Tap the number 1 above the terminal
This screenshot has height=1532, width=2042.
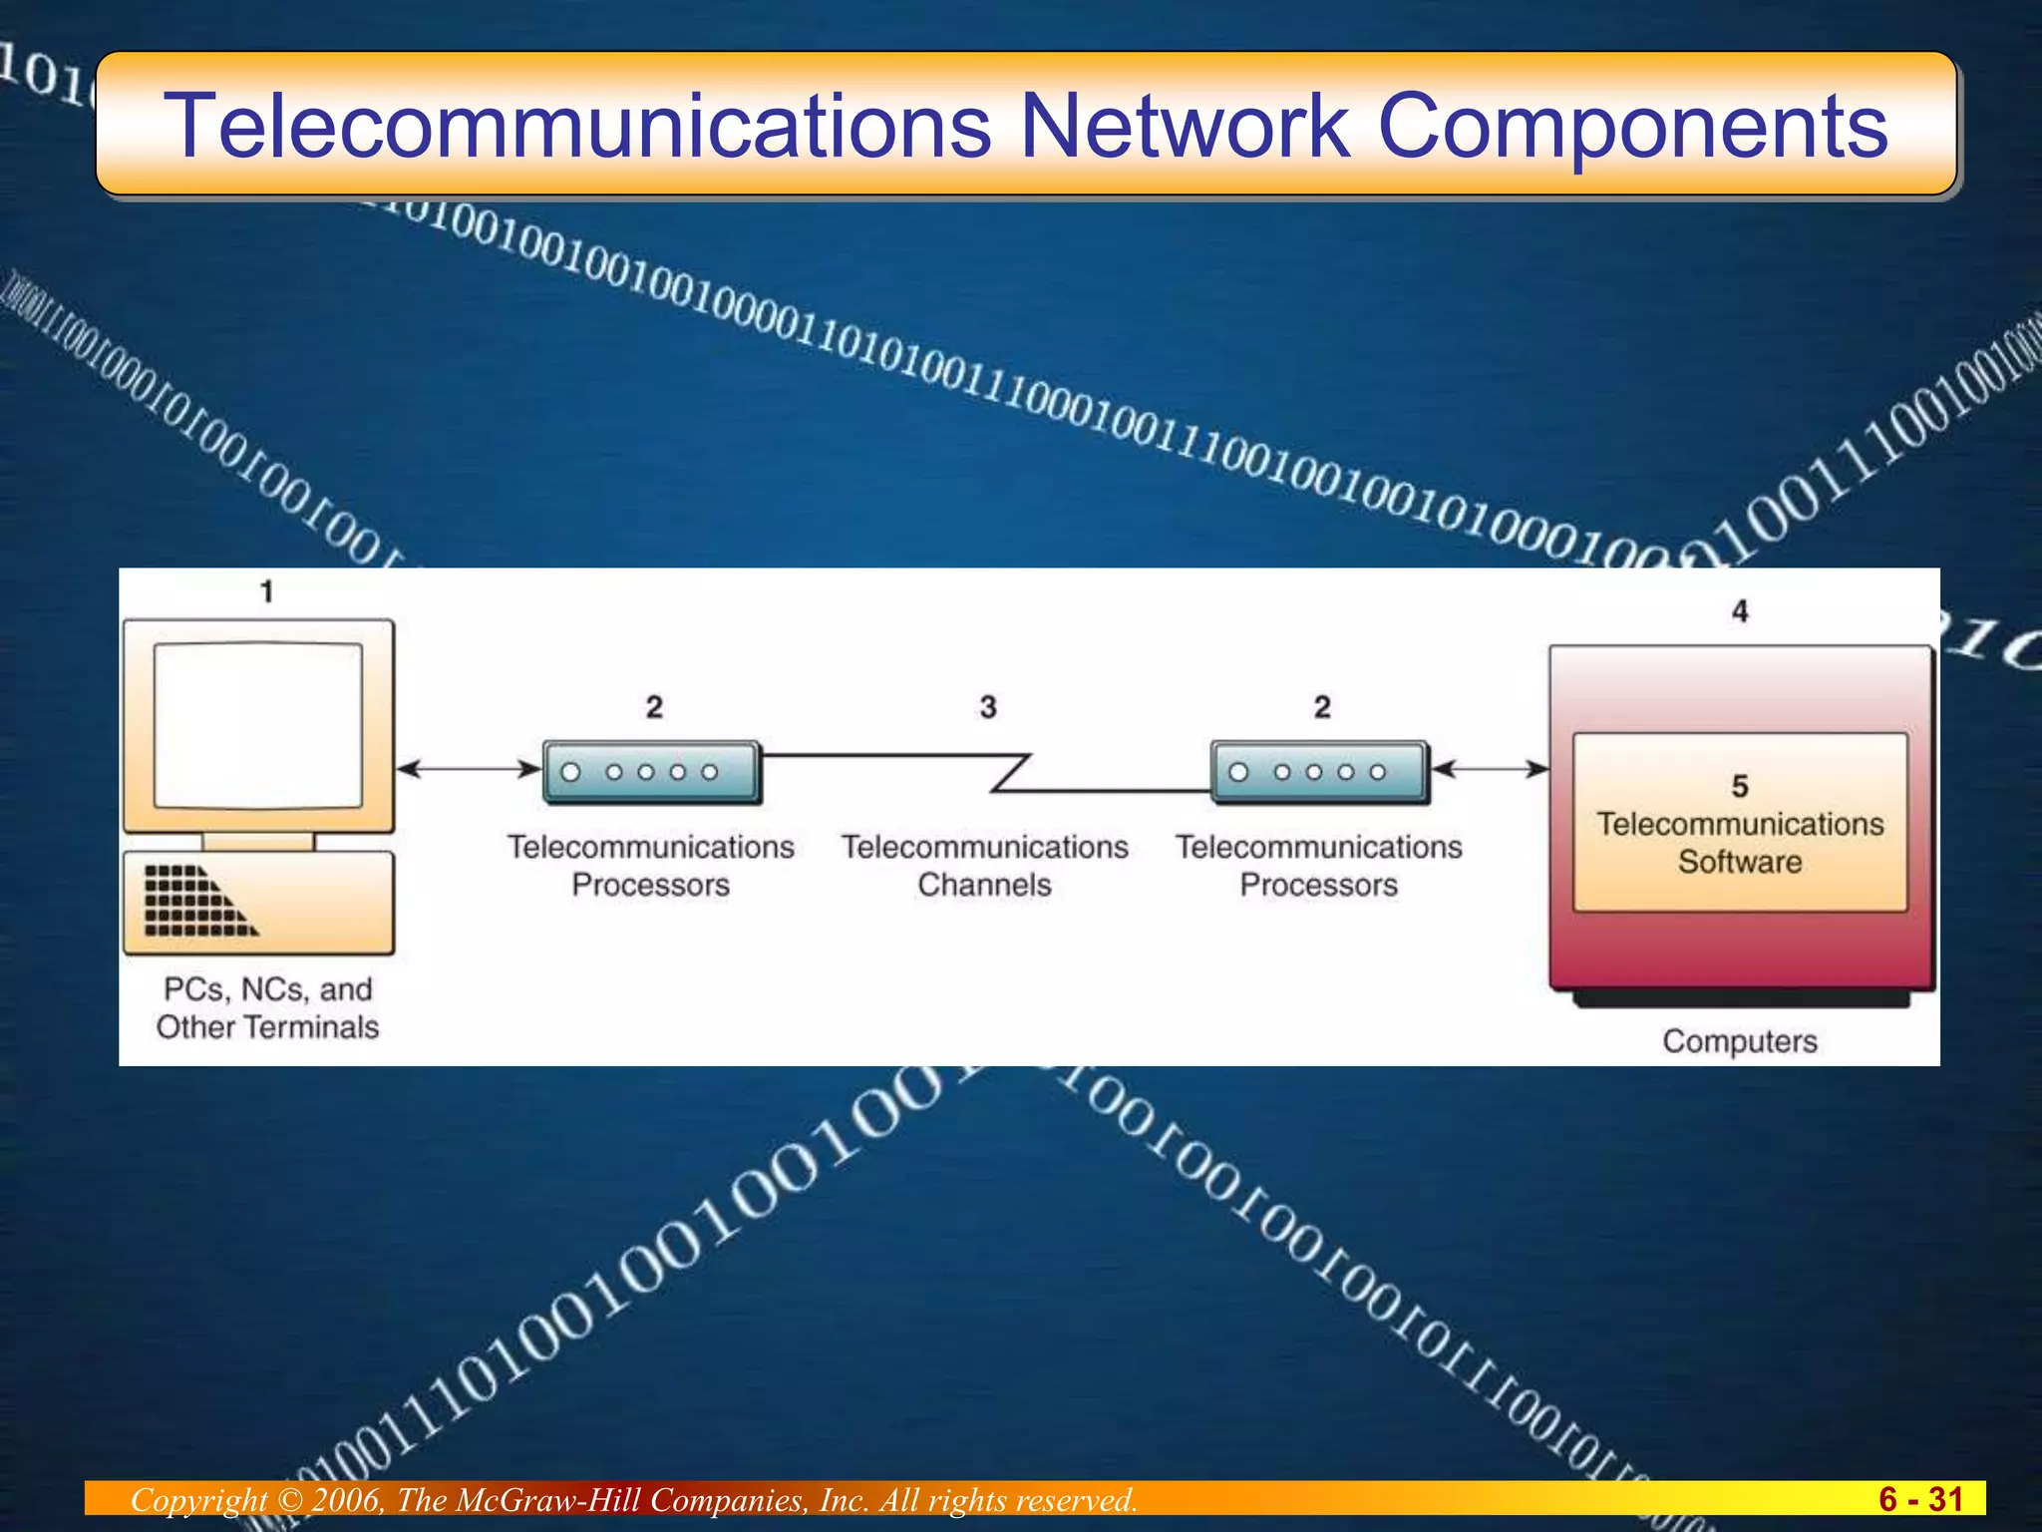coord(266,591)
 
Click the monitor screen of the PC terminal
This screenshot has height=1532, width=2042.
coord(258,724)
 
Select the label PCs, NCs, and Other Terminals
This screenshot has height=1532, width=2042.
coord(267,1007)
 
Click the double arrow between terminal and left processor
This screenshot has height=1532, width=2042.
coord(468,769)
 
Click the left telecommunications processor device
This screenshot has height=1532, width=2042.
coord(651,772)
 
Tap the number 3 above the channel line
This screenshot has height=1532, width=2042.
coord(987,707)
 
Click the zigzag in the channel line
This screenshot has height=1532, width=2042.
coord(1009,773)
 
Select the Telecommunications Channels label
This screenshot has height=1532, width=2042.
coord(984,866)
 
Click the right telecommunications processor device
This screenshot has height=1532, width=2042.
coord(1319,772)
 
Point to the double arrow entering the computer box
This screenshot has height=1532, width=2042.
coord(1490,769)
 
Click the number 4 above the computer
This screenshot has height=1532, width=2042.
coord(1740,610)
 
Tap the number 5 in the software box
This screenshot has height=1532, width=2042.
coord(1740,786)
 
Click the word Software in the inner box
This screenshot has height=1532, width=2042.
coord(1740,862)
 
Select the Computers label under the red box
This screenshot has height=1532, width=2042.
coord(1740,1041)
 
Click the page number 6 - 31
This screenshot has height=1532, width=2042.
coord(1920,1499)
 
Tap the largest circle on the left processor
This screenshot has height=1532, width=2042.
coord(571,772)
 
